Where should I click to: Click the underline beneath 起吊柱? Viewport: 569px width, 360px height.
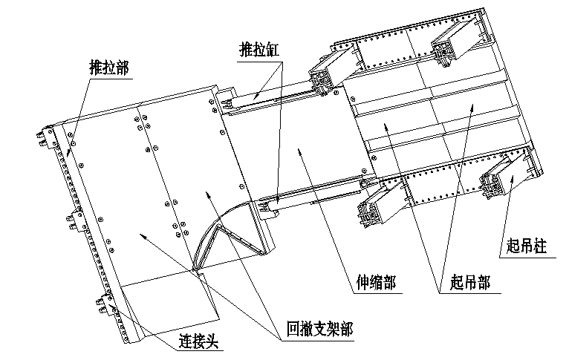[x=524, y=256]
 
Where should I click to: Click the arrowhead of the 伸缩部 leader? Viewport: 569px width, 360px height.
[x=297, y=149]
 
